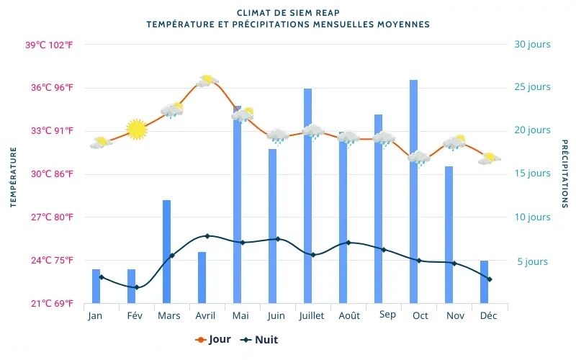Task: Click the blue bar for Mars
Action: pos(166,251)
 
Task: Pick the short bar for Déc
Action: pos(484,282)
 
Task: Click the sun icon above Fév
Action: pos(136,129)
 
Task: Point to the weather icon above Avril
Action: pos(207,81)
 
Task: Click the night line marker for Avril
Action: pos(207,236)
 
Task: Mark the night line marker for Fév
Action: pos(137,287)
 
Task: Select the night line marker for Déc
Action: pos(490,279)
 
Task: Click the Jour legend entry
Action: pos(214,340)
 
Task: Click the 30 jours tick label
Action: pos(532,45)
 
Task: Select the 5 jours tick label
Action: pos(532,261)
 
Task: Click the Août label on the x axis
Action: pos(349,316)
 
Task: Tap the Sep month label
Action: pos(387,315)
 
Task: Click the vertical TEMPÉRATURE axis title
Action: pos(13,177)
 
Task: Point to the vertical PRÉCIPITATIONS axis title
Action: pos(564,174)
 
